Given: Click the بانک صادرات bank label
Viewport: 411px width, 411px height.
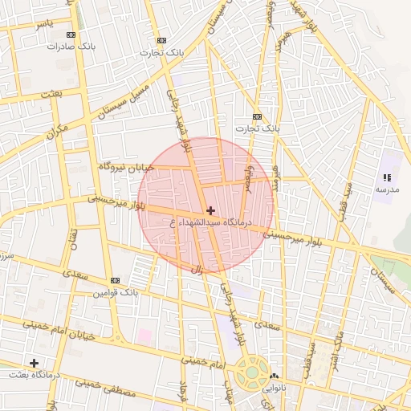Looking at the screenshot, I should pos(71,46).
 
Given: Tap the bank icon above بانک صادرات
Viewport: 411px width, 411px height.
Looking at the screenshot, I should pos(71,35).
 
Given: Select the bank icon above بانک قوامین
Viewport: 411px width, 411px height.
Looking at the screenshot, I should pos(116,280).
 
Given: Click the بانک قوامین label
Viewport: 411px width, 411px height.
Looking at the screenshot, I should pos(116,292).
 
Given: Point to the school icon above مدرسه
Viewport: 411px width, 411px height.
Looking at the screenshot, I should pos(387,177).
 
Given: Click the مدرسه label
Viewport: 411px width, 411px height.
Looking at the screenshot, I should pos(387,189).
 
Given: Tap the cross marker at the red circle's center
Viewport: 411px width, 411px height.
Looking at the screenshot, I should pos(210,210).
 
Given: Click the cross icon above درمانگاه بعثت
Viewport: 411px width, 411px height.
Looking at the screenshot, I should pos(34,363).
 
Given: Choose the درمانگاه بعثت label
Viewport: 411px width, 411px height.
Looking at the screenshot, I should pos(34,375).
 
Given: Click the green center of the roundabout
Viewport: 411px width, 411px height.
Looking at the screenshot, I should pos(252,372).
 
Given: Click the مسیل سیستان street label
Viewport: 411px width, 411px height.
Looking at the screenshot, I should pos(123,100).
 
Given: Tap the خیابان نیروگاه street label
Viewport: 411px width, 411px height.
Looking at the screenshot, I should pos(125,166).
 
